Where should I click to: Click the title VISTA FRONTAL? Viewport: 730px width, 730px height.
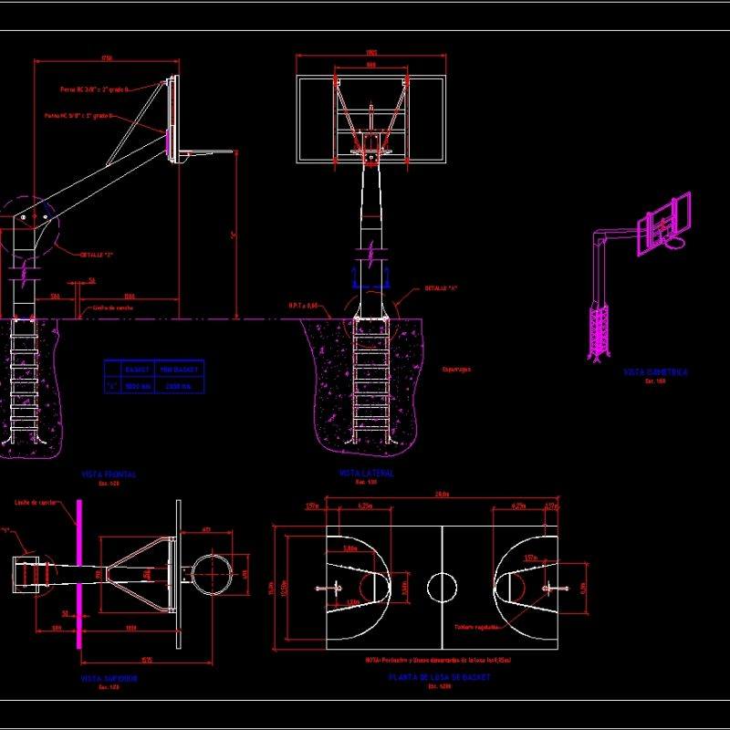pos(109,474)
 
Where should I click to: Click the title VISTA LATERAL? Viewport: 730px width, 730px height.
pos(367,474)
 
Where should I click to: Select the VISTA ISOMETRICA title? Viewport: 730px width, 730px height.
pos(655,372)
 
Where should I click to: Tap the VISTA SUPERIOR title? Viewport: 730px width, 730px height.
pos(109,679)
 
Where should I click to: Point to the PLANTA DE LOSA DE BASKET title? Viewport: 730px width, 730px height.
pos(439,677)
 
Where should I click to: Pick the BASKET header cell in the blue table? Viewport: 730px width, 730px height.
pos(138,370)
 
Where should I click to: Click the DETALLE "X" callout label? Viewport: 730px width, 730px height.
pos(441,288)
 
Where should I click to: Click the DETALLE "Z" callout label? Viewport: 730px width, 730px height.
pos(96,254)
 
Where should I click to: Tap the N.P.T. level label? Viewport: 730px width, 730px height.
pos(304,306)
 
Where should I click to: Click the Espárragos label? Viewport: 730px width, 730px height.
pos(456,370)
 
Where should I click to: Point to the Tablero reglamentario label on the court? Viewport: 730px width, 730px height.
pos(476,627)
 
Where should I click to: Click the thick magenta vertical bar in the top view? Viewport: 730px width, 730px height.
pos(80,584)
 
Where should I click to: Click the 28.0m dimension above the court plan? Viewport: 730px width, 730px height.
pos(443,495)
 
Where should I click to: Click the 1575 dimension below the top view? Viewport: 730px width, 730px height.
pos(146,660)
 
